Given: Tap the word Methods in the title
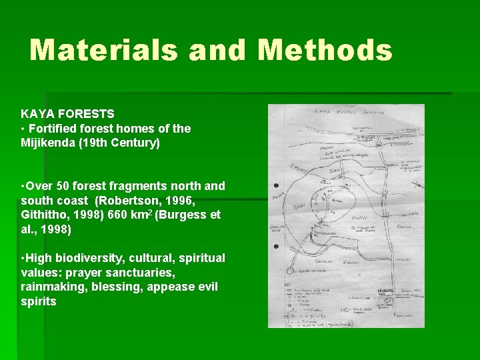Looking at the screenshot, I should point(325,51).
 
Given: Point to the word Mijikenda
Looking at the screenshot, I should point(51,143).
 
